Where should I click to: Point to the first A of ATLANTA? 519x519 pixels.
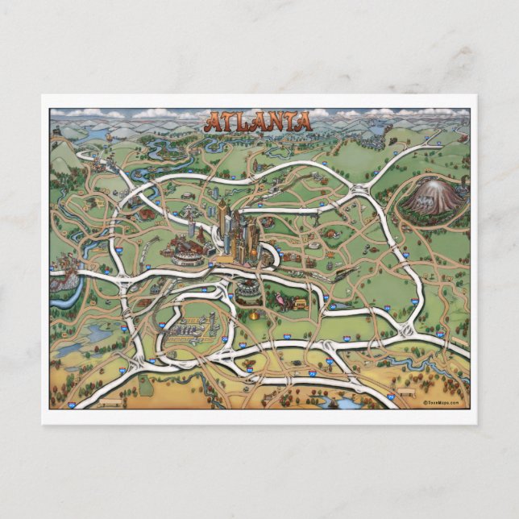click(x=213, y=123)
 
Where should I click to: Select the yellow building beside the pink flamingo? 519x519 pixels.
click(x=300, y=303)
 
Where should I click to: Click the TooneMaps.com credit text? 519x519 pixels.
click(x=442, y=402)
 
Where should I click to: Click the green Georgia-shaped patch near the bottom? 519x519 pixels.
click(x=146, y=386)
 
